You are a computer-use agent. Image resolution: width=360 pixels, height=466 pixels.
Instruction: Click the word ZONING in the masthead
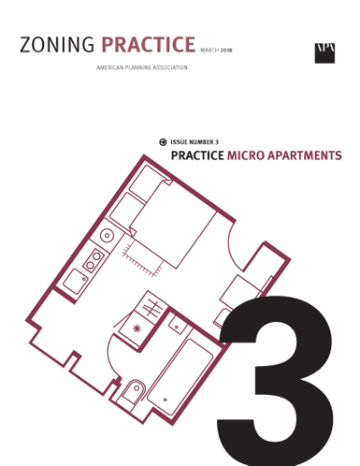click(57, 46)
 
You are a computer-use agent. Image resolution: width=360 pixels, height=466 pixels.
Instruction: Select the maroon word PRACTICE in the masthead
click(148, 46)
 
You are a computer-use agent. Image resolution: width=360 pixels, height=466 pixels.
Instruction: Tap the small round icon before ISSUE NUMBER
click(162, 142)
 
